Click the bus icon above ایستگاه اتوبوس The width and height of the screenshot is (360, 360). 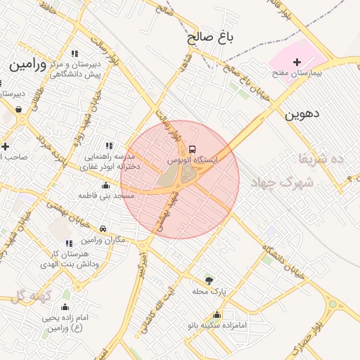(x=193, y=149)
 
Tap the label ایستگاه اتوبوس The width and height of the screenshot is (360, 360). (x=192, y=160)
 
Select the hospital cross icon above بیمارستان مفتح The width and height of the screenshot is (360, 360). (x=296, y=63)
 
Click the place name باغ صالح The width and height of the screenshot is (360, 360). (x=210, y=37)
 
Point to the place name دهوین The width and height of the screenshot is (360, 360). (x=303, y=113)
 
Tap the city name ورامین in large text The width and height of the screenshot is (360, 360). (x=28, y=65)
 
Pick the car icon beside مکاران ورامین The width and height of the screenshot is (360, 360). (x=103, y=229)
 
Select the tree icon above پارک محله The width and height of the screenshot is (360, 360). (x=207, y=280)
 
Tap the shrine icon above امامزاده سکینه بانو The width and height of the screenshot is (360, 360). (x=217, y=314)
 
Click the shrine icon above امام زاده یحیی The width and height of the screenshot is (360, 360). (x=65, y=307)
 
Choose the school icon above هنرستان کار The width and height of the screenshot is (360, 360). (x=69, y=243)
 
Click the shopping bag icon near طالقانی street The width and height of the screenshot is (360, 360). (x=18, y=109)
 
